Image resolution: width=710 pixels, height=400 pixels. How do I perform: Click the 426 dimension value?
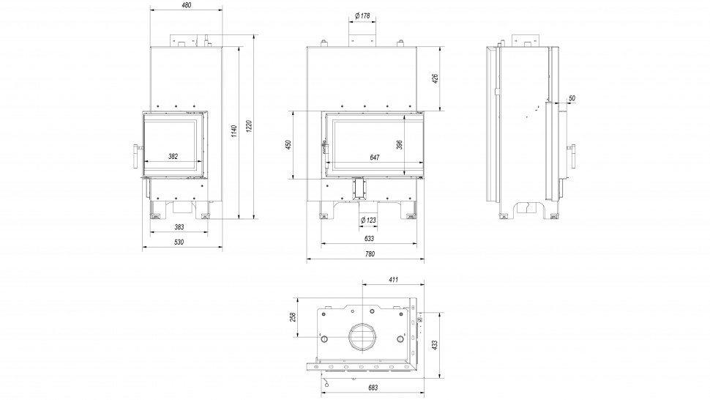435,78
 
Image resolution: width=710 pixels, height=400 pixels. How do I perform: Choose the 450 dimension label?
288,144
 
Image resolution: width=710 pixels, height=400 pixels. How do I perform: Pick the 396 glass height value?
400,144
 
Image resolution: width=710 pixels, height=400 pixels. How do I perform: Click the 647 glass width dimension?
375,157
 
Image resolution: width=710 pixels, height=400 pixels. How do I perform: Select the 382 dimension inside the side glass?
173,157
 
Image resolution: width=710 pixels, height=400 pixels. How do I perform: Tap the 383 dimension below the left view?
179,227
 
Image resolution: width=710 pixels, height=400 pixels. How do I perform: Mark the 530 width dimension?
180,241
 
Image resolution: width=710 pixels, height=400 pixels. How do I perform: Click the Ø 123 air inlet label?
368,220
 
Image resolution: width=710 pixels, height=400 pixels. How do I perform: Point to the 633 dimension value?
369,239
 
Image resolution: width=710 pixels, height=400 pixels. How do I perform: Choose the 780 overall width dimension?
370,253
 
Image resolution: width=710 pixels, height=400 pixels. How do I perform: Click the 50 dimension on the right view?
572,97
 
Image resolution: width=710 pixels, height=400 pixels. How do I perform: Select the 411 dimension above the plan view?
392,280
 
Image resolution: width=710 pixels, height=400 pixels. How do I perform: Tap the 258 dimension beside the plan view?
293,317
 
